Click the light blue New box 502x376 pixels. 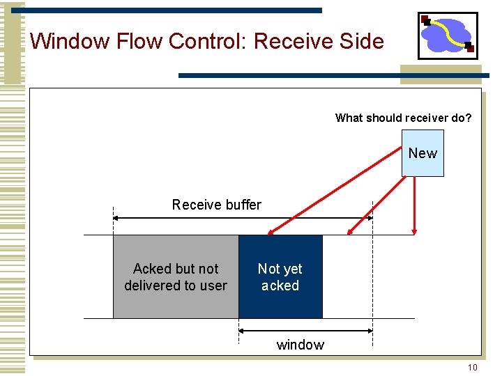click(423, 153)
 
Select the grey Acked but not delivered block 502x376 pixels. click(176, 276)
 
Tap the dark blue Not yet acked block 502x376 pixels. click(280, 276)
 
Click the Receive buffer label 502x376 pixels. click(216, 205)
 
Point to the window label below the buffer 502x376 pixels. click(301, 345)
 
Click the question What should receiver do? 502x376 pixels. click(403, 118)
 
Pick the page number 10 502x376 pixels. click(472, 367)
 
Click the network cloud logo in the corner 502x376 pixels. click(448, 36)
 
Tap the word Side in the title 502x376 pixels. click(363, 41)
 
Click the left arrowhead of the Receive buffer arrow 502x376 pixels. click(116, 218)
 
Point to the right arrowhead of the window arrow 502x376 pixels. click(370, 330)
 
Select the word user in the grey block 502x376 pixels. click(213, 285)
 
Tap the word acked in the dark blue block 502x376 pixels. click(280, 285)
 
